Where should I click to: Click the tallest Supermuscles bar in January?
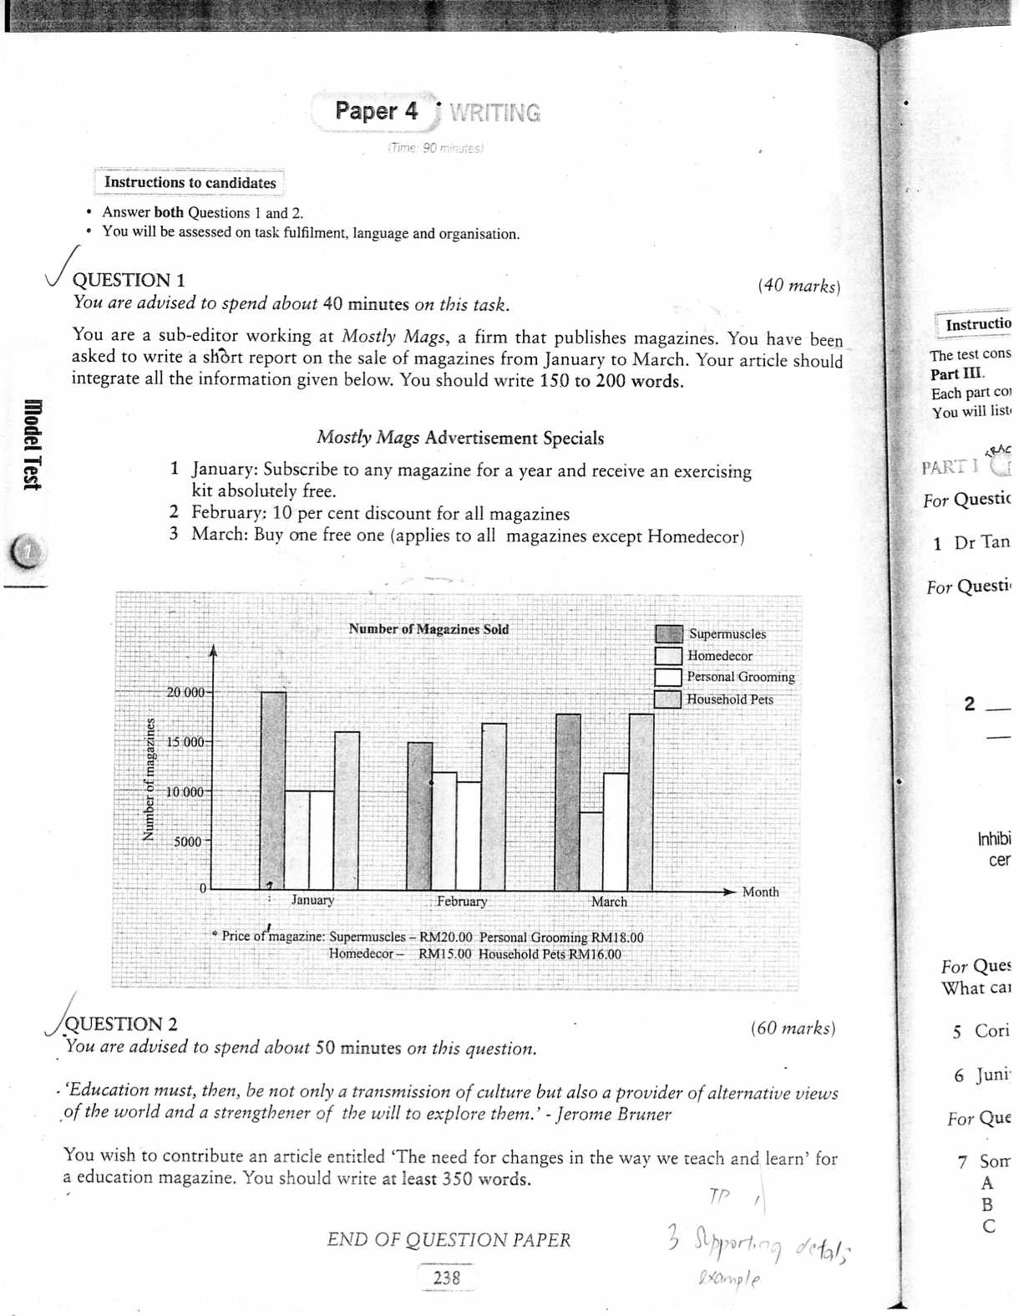tap(273, 790)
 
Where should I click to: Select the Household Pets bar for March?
tap(641, 802)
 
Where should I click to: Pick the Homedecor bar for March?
tap(591, 851)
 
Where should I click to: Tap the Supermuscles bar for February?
tap(419, 816)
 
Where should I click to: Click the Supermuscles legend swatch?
tap(668, 634)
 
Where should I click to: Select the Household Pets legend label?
tap(730, 699)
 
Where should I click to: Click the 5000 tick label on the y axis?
tap(188, 841)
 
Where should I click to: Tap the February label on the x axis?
tap(462, 902)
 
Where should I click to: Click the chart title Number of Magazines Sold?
tap(428, 629)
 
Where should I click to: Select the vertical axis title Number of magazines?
tap(149, 779)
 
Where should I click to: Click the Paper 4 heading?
tap(376, 111)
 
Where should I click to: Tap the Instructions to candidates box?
tap(190, 183)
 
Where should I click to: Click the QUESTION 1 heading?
tap(129, 280)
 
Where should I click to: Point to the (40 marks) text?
tap(798, 286)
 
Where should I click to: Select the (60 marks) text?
tap(793, 1028)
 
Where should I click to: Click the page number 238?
tap(447, 1278)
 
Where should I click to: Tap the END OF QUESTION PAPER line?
tap(449, 1240)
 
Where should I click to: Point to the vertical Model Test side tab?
tap(33, 445)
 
